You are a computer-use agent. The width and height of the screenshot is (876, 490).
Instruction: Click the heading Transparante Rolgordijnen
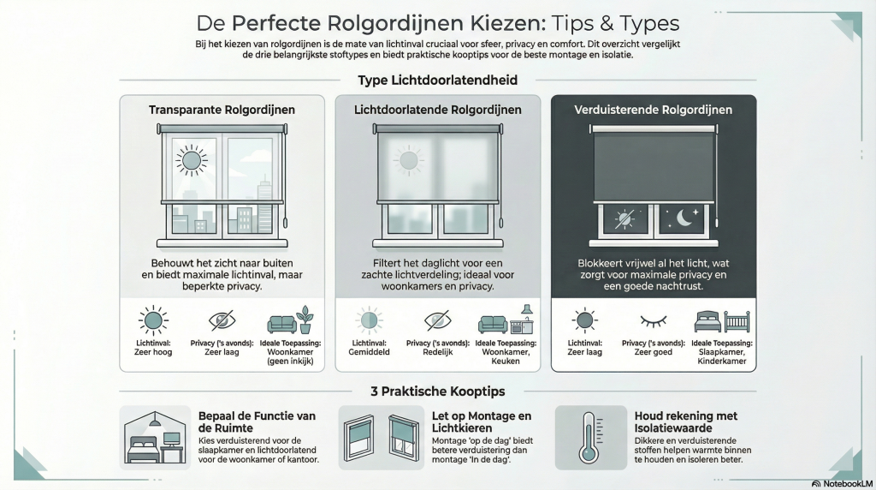coord(222,110)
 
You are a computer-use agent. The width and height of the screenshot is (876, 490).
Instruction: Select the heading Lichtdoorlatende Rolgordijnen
coord(437,110)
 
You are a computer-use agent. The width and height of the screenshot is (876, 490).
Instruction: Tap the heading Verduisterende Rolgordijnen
coord(653,110)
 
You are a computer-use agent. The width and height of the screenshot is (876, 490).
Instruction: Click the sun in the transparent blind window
coord(192,160)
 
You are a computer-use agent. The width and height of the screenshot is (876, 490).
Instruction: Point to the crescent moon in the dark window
coord(686,218)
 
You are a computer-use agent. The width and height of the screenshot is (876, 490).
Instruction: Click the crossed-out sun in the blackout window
coord(624,218)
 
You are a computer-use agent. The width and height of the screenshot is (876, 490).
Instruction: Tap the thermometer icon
coord(589,438)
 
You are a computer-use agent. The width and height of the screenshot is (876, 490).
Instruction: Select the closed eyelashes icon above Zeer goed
coord(653,321)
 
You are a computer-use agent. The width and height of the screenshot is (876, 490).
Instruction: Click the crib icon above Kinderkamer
coord(737,321)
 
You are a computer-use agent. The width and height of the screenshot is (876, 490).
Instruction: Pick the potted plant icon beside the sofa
coord(305,320)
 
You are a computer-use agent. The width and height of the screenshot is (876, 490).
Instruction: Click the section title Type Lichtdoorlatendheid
coord(437,80)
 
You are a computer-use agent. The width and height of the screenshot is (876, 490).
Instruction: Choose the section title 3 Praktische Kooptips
coord(437,391)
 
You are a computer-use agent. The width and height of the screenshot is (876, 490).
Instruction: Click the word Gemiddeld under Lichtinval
coord(369,352)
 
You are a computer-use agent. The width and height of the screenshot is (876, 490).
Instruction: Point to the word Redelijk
coord(437,352)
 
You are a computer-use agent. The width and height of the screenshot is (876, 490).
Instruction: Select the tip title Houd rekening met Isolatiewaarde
coord(685,421)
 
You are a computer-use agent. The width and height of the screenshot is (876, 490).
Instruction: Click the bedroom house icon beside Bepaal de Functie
coord(155,438)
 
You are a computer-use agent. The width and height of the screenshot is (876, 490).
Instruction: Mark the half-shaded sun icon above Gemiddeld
coord(369,320)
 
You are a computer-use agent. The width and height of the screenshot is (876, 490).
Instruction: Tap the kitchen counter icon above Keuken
coord(522,320)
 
